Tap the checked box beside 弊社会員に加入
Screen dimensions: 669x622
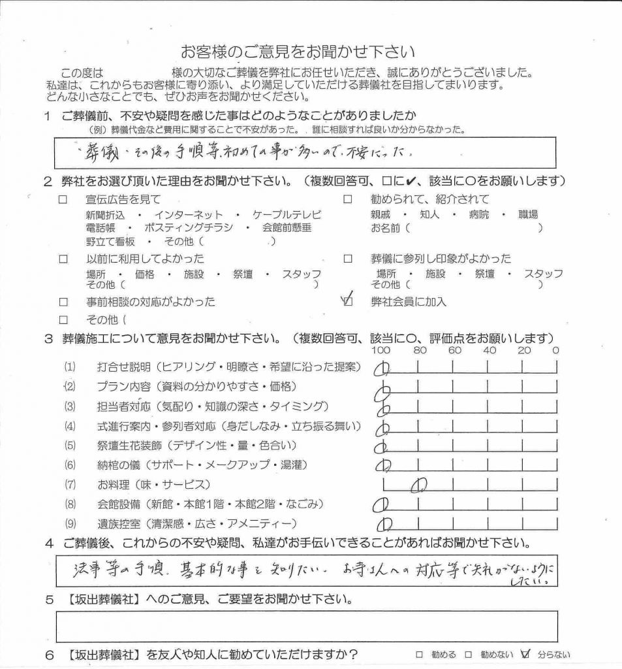348,302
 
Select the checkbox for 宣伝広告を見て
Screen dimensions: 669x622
63,199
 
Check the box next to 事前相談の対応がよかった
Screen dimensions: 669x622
63,302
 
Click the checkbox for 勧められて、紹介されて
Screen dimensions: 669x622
348,199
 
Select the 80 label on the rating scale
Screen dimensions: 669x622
419,350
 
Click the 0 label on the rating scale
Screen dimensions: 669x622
555,350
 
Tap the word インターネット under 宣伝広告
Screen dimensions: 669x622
189,214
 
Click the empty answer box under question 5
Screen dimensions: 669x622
307,626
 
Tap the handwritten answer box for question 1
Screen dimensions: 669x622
307,153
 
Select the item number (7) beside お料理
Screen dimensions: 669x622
70,485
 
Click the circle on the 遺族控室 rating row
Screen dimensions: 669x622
385,523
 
